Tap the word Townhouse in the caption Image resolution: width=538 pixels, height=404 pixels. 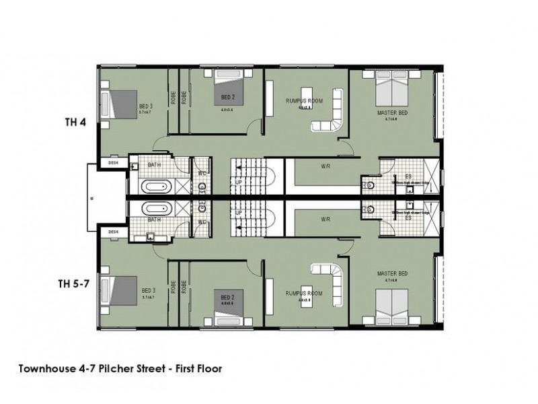tap(46, 368)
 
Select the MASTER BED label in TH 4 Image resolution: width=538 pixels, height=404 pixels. tap(393, 114)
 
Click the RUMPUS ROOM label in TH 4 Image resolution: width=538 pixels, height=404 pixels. tap(305, 100)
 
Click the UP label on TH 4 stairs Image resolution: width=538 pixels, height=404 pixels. tap(239, 182)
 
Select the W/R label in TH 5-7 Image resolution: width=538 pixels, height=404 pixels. tap(325, 219)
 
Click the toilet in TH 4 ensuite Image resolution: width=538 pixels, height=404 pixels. tap(367, 183)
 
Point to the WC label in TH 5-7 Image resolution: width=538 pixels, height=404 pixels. tap(201, 222)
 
